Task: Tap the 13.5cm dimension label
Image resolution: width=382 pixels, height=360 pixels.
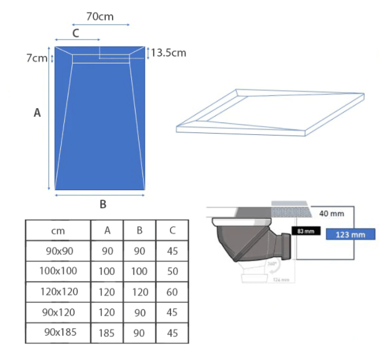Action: pos(169,53)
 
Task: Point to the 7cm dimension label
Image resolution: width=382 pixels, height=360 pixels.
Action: pos(37,58)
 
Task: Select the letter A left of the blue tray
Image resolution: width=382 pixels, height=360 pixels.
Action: pos(37,113)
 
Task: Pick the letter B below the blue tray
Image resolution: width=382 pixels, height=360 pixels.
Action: pos(103,204)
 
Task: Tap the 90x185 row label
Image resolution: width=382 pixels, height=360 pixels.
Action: pos(60,332)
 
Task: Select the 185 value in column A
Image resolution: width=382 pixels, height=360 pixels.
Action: pos(107,333)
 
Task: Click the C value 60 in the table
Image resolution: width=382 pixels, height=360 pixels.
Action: pos(172,292)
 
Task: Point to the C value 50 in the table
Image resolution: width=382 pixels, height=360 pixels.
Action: pos(172,272)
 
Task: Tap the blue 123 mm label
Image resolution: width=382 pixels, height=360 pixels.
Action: pos(350,235)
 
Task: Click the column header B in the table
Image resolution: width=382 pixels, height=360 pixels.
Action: pos(139,231)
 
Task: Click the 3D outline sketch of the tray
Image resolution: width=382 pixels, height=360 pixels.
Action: pos(268,112)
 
